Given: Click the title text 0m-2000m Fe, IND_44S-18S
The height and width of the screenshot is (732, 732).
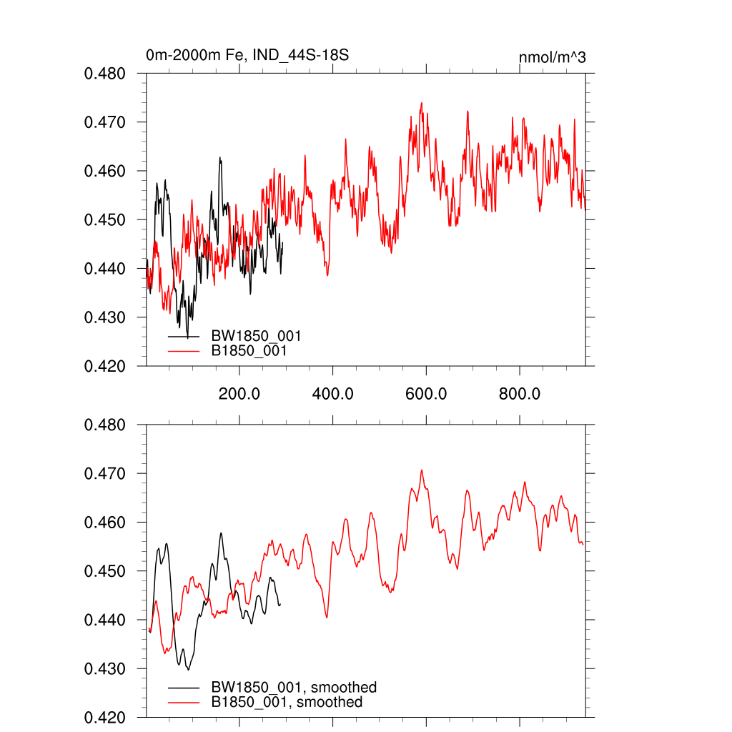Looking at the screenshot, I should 247,55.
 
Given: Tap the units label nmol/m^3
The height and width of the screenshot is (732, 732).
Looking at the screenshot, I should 552,57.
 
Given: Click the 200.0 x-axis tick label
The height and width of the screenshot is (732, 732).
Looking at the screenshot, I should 239,393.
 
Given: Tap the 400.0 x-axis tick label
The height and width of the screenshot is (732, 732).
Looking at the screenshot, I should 332,393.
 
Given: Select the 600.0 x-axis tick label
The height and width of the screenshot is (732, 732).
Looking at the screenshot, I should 426,393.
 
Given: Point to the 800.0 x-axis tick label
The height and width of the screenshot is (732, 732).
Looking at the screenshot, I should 519,393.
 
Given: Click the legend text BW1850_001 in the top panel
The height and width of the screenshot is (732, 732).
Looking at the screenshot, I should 255,336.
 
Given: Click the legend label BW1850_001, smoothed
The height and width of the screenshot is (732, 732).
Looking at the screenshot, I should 293,688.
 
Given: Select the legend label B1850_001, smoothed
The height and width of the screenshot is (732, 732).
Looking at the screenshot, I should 286,702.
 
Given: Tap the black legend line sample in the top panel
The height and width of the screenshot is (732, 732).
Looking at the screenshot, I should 184,336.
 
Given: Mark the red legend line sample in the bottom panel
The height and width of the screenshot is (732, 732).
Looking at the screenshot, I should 184,703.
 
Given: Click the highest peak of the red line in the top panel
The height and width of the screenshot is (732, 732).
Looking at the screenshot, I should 422,103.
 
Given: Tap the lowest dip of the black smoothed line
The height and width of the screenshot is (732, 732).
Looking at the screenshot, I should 189,669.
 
